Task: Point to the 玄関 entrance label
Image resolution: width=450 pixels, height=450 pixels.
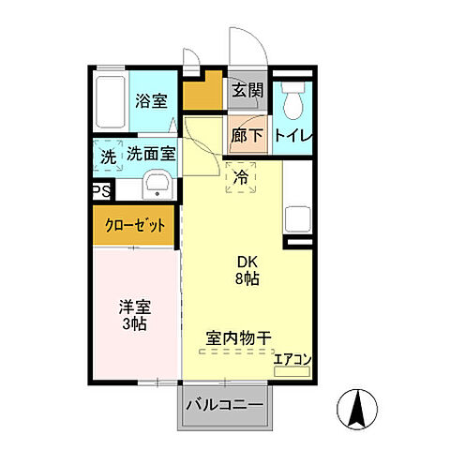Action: (x=248, y=91)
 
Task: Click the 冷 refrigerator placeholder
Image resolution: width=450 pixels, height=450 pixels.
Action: (x=241, y=174)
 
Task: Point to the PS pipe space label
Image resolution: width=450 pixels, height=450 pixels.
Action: (x=100, y=190)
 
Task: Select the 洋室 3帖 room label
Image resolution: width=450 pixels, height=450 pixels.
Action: (x=134, y=315)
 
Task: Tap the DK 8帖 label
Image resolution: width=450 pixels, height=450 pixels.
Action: (x=247, y=270)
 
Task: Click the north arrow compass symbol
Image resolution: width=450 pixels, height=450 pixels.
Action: (x=357, y=408)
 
